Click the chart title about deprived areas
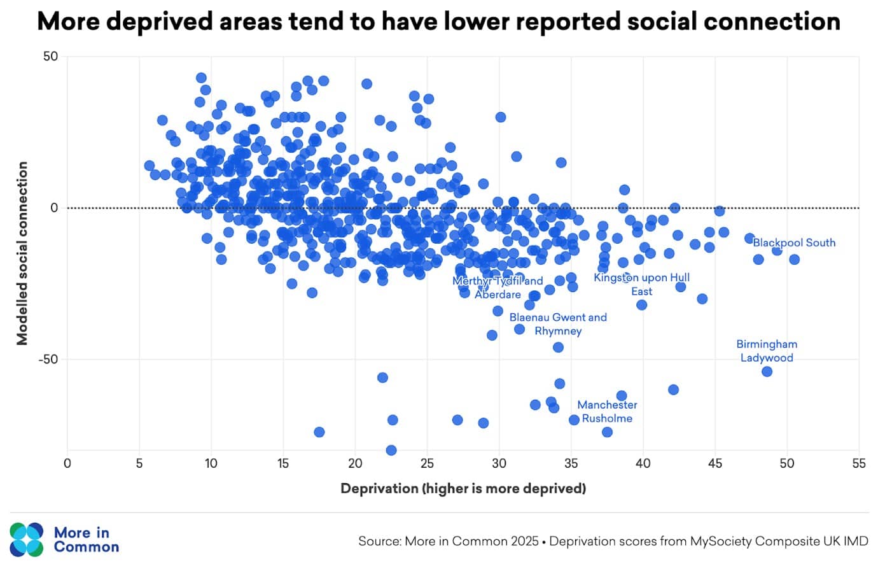438,22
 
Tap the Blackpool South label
794,243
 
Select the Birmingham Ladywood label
767,351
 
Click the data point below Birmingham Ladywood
767,372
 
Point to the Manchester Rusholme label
607,411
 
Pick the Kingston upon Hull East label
641,285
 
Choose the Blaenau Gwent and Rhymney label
558,324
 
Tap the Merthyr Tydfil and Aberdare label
498,288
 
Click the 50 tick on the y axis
50,57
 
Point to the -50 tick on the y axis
48,359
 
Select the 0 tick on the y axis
54,208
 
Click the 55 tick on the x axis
859,463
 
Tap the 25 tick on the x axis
427,463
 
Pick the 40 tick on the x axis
643,463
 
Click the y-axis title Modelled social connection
23,253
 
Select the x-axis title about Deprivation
463,488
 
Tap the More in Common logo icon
27,540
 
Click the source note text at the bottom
613,541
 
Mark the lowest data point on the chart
391,450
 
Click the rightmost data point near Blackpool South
794,259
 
